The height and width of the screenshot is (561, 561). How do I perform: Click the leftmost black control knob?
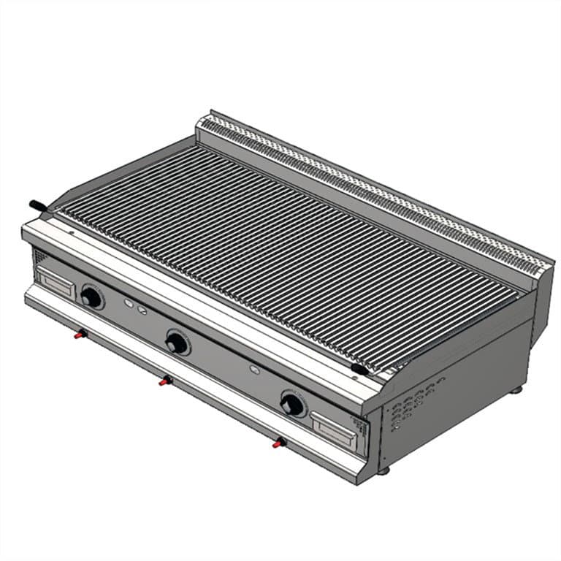coord(91,297)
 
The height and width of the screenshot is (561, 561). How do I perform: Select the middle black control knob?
coord(176,343)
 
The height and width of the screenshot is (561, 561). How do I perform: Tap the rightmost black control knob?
coord(291,405)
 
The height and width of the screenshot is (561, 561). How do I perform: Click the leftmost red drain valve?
coord(80,335)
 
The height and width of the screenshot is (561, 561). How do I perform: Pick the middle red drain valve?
coord(167,381)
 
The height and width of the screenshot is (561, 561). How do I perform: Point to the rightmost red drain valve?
coord(278,443)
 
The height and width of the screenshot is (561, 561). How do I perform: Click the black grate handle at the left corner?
coord(37,206)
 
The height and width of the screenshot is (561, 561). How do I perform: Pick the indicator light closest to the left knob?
coord(129,303)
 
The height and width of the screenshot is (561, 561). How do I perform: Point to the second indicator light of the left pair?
coord(142,310)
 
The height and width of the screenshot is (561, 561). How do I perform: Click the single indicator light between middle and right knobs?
coord(254,370)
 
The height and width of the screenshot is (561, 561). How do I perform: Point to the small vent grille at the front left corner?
coord(39,257)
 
